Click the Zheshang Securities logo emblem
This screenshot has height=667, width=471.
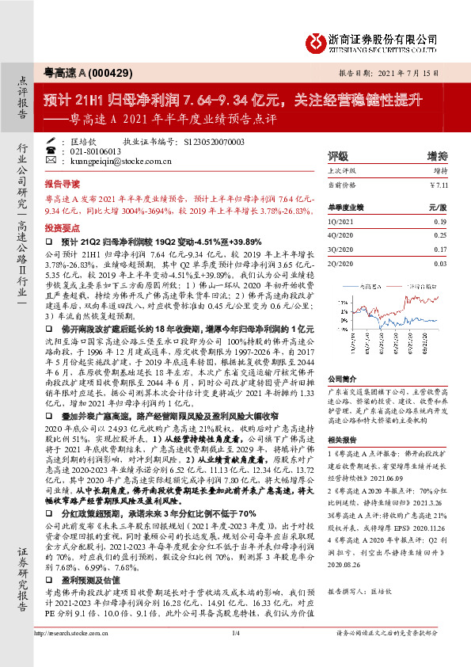click(x=316, y=40)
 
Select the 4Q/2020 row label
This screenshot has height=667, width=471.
click(x=340, y=235)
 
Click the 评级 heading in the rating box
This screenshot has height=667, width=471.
click(x=338, y=156)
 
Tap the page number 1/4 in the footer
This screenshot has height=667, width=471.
click(x=235, y=654)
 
